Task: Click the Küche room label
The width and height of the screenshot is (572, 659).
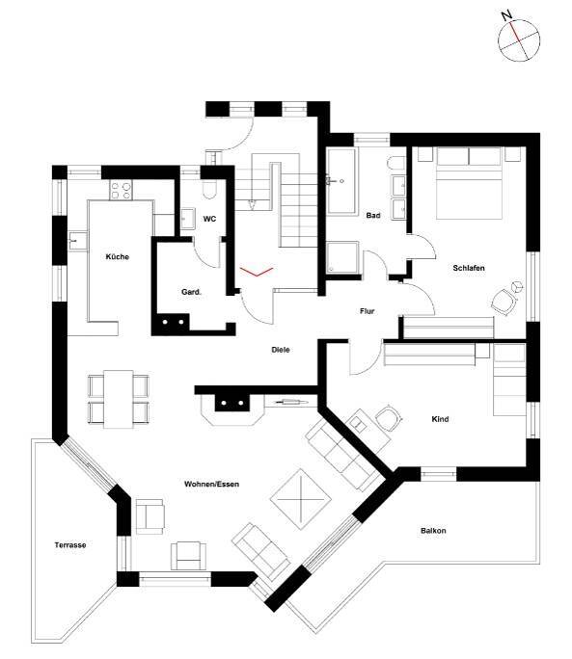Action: (x=118, y=257)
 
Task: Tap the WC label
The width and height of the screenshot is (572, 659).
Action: (x=209, y=219)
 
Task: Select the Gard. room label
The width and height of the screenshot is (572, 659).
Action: (x=192, y=292)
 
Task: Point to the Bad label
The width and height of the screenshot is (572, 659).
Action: (x=373, y=216)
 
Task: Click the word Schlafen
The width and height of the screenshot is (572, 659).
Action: (x=469, y=268)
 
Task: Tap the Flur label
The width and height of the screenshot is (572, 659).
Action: (x=367, y=311)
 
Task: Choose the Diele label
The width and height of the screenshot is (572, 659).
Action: (x=281, y=350)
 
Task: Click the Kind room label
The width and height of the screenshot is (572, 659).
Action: (x=440, y=419)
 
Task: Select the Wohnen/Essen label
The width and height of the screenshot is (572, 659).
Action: (x=211, y=485)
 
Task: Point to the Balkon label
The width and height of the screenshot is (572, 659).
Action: (x=433, y=531)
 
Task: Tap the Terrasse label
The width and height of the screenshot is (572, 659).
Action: (x=70, y=545)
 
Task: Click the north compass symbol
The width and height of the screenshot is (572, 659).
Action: (x=519, y=40)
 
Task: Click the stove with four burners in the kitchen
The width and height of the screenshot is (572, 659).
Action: (x=121, y=191)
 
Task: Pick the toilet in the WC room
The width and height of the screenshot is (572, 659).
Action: (x=209, y=191)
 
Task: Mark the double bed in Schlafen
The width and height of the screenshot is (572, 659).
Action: (x=470, y=183)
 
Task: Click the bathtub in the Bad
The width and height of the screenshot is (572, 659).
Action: (x=341, y=181)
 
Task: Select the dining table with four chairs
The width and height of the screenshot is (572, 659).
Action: (x=119, y=399)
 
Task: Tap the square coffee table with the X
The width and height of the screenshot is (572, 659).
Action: (x=301, y=499)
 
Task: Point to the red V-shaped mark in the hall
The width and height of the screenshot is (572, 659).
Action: (x=257, y=272)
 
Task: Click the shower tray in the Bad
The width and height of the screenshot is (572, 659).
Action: (x=342, y=257)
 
